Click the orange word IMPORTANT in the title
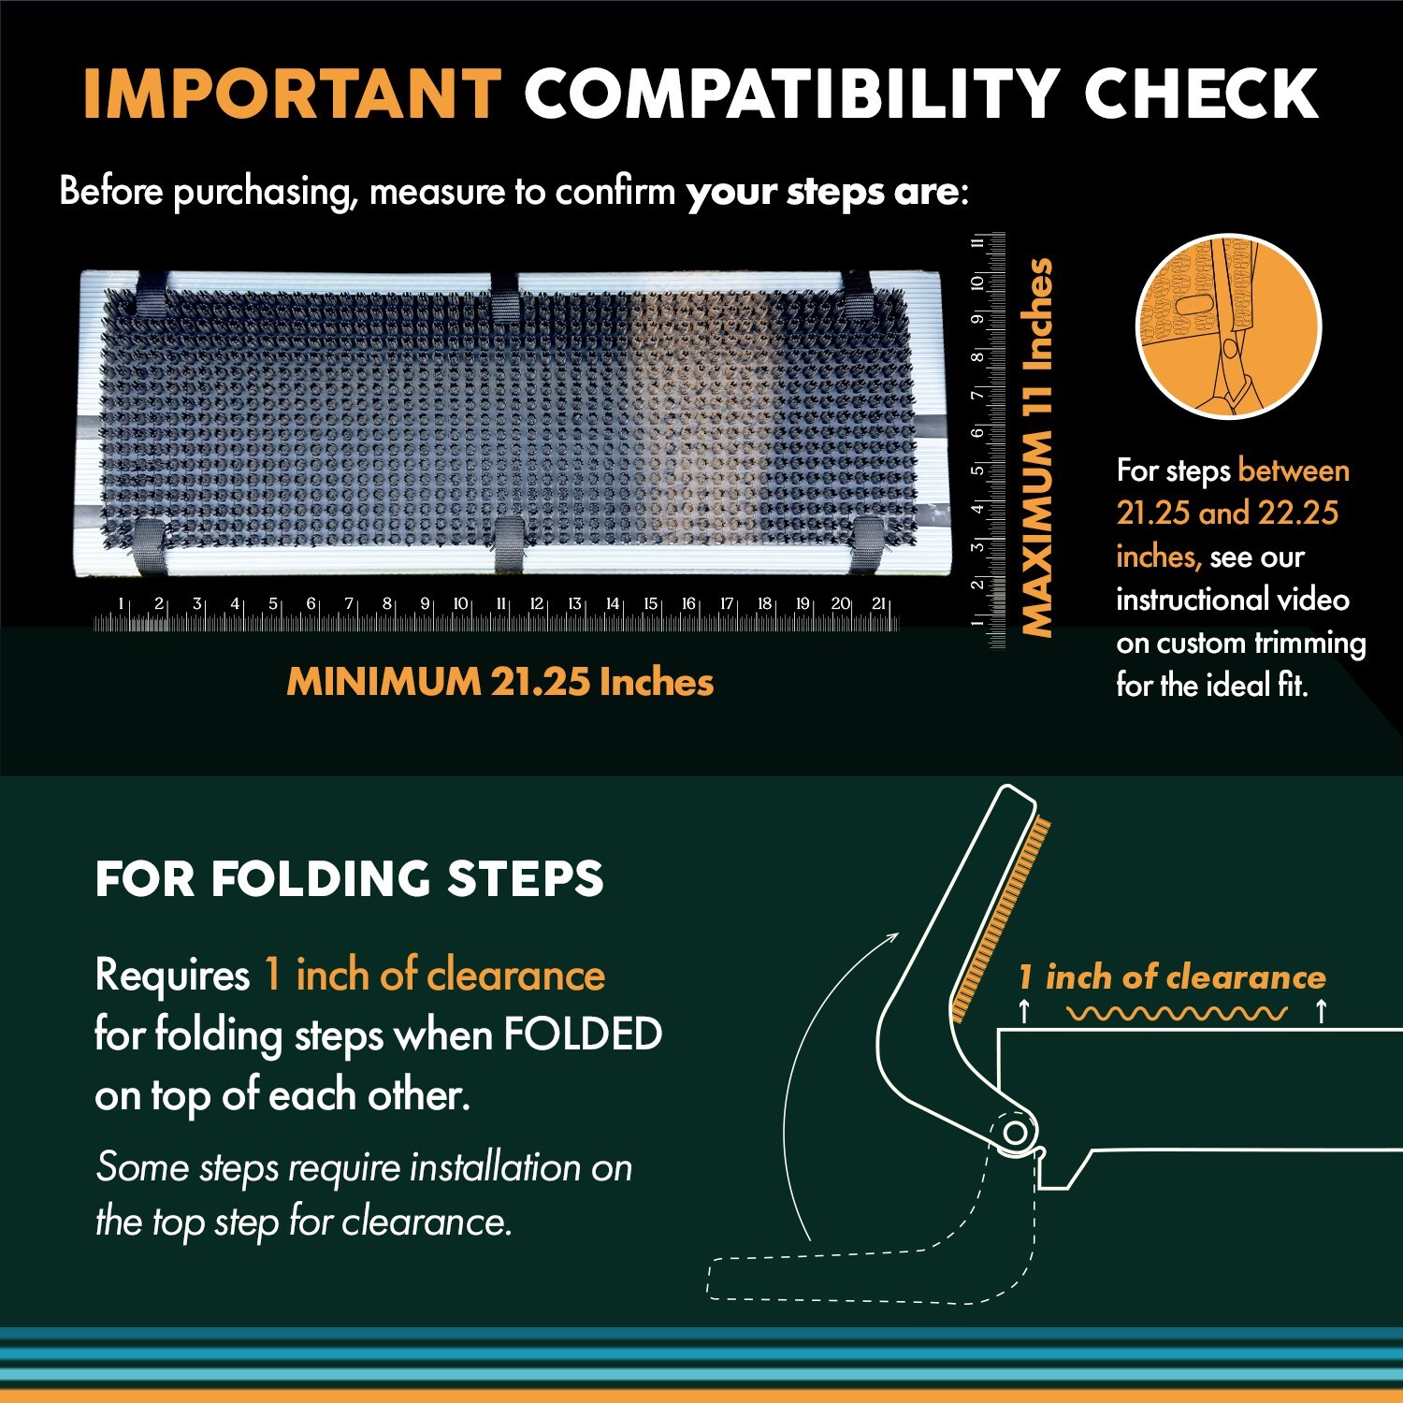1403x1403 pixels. tap(292, 94)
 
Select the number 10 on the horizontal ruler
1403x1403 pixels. tap(460, 604)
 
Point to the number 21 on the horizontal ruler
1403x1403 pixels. tap(878, 604)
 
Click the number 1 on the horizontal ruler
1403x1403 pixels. tap(121, 604)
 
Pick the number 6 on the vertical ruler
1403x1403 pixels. tap(977, 432)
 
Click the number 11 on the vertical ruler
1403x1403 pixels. tap(977, 242)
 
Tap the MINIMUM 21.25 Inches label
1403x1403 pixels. tap(499, 682)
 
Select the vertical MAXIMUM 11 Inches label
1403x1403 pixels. tap(1037, 447)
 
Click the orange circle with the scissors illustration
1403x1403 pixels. tap(1228, 326)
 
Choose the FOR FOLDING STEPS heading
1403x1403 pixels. tap(349, 879)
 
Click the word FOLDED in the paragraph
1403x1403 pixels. tap(583, 1034)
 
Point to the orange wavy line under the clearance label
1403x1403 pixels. tap(1176, 1013)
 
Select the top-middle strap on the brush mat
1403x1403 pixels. tap(505, 297)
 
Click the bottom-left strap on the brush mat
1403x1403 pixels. tap(149, 545)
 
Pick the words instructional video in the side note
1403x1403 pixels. tap(1232, 600)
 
